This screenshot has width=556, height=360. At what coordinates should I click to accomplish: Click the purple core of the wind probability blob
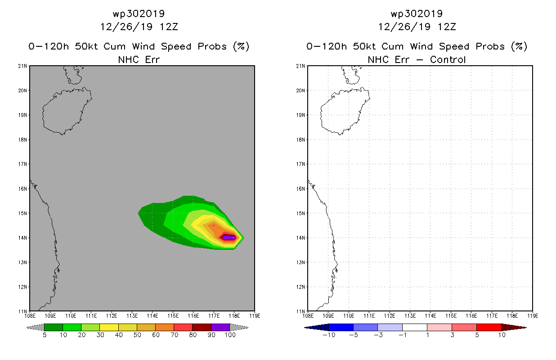pos(229,238)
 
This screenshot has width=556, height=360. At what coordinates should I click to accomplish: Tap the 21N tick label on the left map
pos(22,66)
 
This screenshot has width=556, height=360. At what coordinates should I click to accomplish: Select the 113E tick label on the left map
pos(132,316)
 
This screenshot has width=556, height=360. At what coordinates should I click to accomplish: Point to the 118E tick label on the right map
pos(512,316)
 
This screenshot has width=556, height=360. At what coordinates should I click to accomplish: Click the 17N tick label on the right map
pos(300,164)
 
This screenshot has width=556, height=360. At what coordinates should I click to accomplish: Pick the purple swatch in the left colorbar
pos(220,327)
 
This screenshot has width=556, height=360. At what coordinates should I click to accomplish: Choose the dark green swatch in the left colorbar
pos(54,327)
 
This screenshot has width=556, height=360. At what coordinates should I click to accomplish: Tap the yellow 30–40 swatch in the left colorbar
pos(109,327)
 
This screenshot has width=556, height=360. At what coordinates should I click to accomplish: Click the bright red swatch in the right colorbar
pos(489,327)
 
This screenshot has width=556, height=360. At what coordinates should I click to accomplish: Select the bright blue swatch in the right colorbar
pos(341,327)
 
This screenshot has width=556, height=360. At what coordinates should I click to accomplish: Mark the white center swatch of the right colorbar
pos(415,327)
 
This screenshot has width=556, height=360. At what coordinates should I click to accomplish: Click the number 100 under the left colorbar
pos(230,335)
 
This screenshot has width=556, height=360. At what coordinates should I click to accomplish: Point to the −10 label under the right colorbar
pos(329,335)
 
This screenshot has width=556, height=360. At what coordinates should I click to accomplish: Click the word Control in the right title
pos(448,59)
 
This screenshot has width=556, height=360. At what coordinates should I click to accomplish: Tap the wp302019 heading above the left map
pos(139,13)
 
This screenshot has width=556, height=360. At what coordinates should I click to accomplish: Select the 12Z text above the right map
pos(447,27)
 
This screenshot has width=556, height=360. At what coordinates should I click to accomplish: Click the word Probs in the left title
pos(212,46)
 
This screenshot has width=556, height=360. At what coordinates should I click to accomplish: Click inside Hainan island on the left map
pos(65,112)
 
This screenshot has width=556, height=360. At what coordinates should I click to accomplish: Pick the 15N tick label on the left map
pos(22,213)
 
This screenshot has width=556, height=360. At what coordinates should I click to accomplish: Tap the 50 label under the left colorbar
pos(137,335)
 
